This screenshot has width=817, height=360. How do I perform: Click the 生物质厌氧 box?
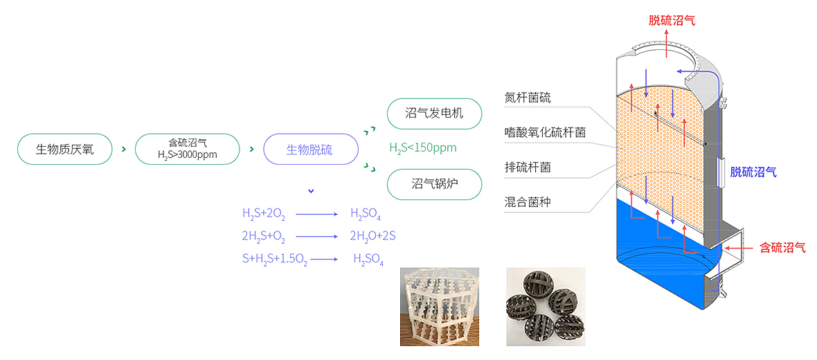64,149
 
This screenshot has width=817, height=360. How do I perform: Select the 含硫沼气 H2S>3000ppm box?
187,149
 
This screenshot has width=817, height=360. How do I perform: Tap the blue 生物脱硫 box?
309,150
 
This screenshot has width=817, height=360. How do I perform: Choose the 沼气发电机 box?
433,114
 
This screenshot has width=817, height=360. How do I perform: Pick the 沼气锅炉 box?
433,183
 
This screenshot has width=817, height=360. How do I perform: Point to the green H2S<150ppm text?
422,147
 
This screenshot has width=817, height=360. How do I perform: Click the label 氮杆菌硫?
528,98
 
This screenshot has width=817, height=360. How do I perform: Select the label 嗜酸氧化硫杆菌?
546,132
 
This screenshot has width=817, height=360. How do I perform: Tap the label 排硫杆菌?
528,168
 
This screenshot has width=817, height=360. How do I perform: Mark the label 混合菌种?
528,202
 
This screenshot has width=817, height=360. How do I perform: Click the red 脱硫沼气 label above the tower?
672,21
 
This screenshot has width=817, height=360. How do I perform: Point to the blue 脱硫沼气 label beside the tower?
753,172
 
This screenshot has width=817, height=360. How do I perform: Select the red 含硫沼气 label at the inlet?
782,247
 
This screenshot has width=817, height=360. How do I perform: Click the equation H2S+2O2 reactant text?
263,213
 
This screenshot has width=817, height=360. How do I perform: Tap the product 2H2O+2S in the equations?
372,236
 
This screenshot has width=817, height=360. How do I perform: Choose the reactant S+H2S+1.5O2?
275,259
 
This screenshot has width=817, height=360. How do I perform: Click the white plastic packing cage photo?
440,307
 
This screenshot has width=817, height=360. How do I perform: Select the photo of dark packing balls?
546,307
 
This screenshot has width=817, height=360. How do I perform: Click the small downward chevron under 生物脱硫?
311,190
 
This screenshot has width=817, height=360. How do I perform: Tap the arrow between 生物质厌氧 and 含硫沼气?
123,150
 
